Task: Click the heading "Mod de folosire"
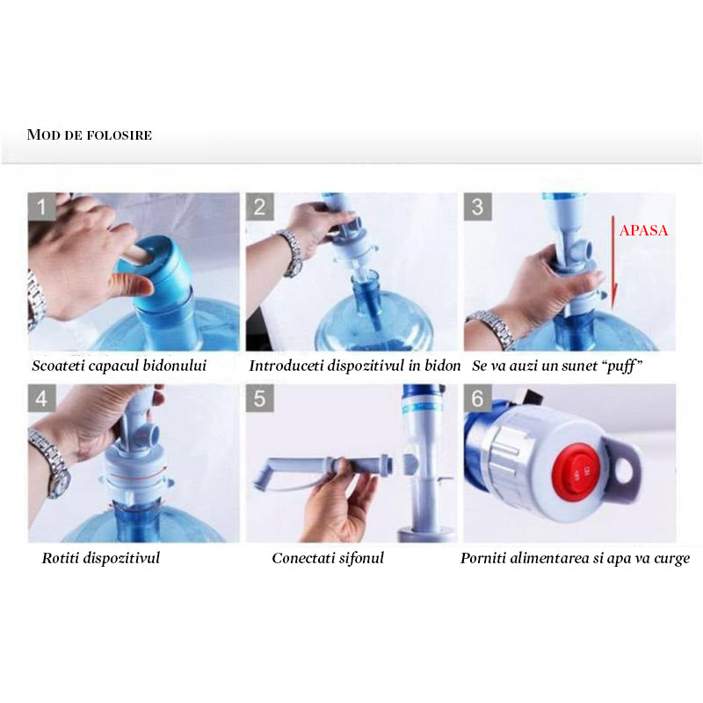click(90, 134)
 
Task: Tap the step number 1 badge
click(41, 207)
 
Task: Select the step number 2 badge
click(259, 207)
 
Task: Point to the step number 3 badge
click(477, 207)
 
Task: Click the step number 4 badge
click(41, 398)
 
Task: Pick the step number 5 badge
click(259, 398)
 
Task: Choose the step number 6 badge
click(477, 398)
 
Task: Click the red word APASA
click(643, 230)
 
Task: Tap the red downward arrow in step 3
click(613, 264)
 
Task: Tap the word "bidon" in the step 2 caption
click(443, 366)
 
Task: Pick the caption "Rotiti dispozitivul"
click(101, 558)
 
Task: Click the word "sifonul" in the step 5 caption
click(361, 558)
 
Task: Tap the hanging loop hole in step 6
click(624, 471)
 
